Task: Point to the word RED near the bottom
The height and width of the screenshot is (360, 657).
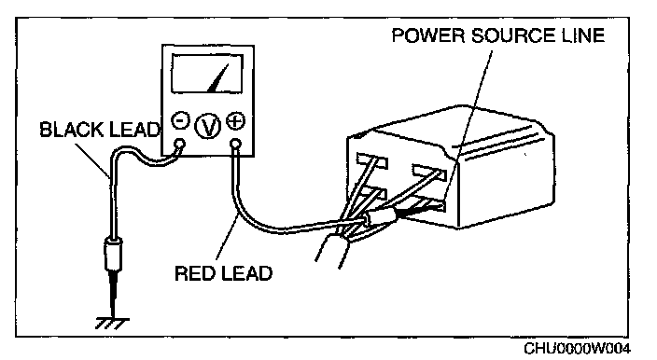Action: [195, 273]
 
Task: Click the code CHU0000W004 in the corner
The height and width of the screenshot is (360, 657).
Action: [577, 348]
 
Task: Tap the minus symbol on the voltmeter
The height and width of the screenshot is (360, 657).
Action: [181, 121]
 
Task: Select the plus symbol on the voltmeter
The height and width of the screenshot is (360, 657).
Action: [235, 121]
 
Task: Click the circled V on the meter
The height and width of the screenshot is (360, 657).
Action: [208, 126]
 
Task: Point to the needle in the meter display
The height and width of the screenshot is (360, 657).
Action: [218, 78]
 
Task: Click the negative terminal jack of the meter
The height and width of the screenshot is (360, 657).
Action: [180, 145]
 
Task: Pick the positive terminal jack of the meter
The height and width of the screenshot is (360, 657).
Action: [236, 145]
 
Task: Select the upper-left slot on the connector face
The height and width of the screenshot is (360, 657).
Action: [372, 160]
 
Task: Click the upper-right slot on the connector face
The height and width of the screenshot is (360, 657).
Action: [429, 172]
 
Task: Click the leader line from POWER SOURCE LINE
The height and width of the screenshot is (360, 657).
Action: [468, 125]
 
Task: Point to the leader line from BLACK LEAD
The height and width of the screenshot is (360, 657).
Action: [93, 160]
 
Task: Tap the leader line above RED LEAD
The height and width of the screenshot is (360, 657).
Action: [227, 239]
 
